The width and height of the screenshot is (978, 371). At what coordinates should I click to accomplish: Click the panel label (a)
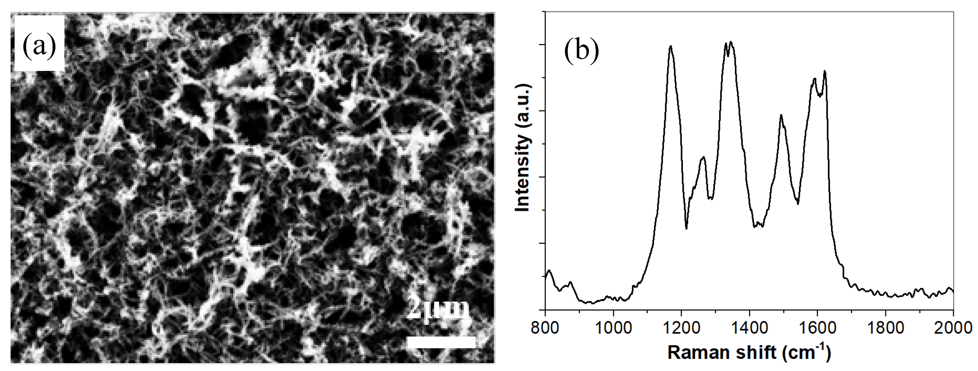39,47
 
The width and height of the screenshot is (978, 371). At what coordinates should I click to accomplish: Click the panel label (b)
581,52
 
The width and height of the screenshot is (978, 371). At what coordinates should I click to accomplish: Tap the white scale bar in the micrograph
441,342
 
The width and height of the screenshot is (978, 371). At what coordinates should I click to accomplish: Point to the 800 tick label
545,328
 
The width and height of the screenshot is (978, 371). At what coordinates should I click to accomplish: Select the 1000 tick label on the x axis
613,328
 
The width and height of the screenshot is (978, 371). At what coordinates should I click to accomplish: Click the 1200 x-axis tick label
681,328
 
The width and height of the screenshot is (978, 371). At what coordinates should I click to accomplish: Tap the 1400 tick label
749,328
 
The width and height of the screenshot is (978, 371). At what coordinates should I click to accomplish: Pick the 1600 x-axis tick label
817,328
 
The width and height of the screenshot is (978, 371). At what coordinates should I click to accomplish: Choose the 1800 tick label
885,328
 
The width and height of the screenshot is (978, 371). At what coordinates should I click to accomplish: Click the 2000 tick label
953,328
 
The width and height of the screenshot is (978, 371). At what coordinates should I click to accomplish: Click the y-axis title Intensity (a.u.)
523,148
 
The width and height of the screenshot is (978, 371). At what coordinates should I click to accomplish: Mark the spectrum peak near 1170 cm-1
671,57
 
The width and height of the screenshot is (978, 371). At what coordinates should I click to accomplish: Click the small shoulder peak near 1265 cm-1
703,157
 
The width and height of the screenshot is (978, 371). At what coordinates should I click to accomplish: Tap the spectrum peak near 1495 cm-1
781,115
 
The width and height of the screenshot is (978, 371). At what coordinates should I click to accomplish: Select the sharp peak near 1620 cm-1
825,71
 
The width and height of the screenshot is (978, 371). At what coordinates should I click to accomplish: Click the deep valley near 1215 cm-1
686,228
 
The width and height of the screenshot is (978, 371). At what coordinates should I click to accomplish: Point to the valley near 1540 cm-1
798,204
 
